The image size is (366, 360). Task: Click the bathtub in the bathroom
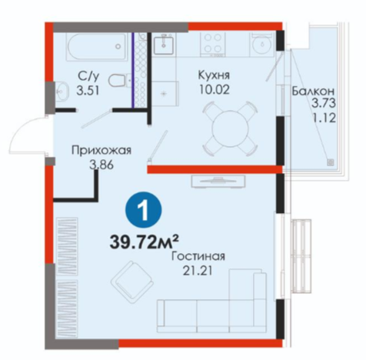click(97, 47)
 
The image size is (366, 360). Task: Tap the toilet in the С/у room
click(120, 80)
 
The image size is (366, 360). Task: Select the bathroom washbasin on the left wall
click(62, 91)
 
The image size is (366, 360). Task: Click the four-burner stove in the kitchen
click(213, 44)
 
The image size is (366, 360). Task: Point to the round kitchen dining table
click(230, 128)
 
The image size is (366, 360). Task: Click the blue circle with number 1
click(143, 210)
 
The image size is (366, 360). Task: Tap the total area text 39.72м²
click(144, 242)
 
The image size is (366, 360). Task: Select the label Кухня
click(214, 75)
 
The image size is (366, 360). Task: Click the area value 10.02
click(214, 90)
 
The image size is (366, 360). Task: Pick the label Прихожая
click(101, 150)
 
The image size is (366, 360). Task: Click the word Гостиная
click(198, 256)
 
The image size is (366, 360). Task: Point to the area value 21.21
click(198, 271)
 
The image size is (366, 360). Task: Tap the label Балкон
click(313, 91)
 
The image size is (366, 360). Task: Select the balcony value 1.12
click(324, 118)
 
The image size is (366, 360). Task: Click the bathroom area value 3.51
click(88, 91)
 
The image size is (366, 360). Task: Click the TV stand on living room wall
click(218, 182)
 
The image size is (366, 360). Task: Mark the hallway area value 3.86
click(101, 165)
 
